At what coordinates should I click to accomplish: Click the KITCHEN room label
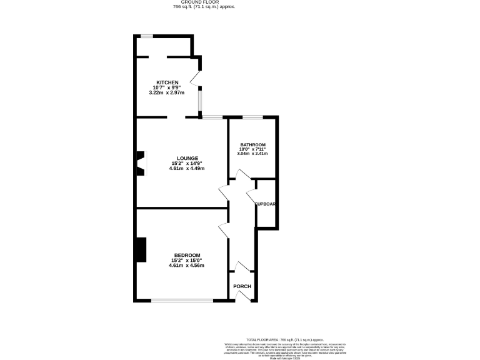click(x=167, y=82)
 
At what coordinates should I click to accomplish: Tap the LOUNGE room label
click(x=187, y=157)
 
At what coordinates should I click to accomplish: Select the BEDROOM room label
click(x=187, y=255)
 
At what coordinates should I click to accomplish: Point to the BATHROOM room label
click(x=253, y=144)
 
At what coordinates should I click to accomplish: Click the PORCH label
click(x=242, y=286)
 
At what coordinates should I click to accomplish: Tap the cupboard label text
click(x=266, y=204)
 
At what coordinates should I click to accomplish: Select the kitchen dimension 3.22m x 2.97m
click(x=167, y=92)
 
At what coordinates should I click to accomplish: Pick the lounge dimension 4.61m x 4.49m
click(x=187, y=168)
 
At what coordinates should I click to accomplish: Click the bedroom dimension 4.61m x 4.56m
click(x=187, y=266)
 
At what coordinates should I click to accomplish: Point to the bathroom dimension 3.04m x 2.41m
click(x=253, y=154)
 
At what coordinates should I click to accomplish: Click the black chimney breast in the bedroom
click(x=142, y=250)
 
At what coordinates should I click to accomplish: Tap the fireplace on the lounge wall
click(x=141, y=163)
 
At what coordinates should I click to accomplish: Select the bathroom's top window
click(x=252, y=117)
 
